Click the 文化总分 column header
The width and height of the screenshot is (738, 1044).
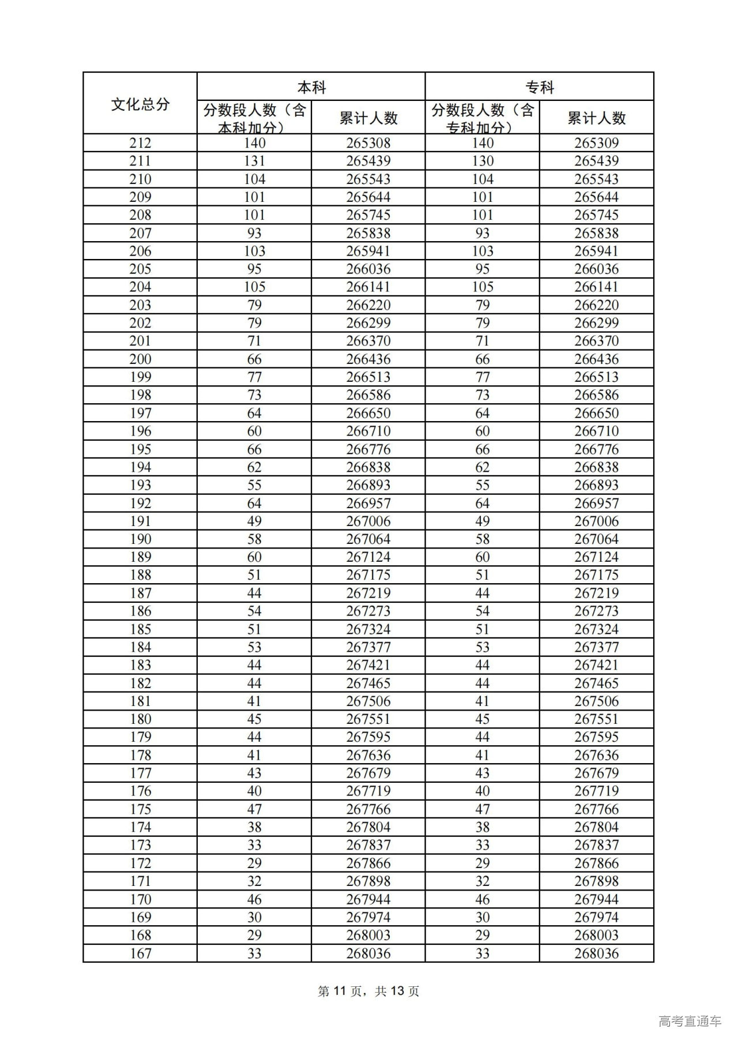coord(140,104)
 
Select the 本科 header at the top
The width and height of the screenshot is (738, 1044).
coord(311,87)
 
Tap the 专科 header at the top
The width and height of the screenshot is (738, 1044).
coord(539,87)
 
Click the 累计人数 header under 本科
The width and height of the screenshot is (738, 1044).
coord(368,118)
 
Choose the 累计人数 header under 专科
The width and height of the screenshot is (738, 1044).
coord(596,118)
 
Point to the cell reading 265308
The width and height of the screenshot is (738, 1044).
coord(368,143)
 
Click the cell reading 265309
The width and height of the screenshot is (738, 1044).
coord(596,143)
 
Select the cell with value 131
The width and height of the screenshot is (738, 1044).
coord(254,161)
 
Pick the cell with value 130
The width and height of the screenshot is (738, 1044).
coord(482,161)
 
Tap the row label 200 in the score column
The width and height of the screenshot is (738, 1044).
coord(140,359)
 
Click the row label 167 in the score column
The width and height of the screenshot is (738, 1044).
coord(140,953)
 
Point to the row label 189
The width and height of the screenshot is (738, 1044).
coord(140,557)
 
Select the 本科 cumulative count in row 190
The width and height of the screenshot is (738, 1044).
coord(368,539)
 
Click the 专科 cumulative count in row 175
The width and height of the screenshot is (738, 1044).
coord(596,809)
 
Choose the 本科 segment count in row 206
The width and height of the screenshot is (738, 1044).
coord(254,251)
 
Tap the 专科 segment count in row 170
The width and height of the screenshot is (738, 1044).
coord(482,899)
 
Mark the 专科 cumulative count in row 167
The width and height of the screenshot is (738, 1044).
coord(596,953)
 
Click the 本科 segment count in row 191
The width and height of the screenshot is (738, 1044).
coord(254,521)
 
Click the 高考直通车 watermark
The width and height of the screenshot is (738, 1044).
coord(690,1021)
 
